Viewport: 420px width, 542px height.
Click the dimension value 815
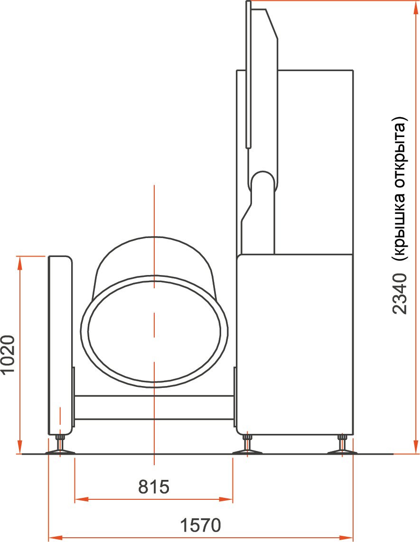tap(154, 487)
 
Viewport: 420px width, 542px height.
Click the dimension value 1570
tap(200, 525)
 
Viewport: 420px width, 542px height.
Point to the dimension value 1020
tap(8, 354)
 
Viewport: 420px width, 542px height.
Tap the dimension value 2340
tap(400, 294)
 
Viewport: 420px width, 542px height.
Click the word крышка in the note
tap(401, 225)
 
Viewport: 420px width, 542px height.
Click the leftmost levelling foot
tap(60, 446)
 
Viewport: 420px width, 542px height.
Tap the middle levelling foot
tap(247, 445)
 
